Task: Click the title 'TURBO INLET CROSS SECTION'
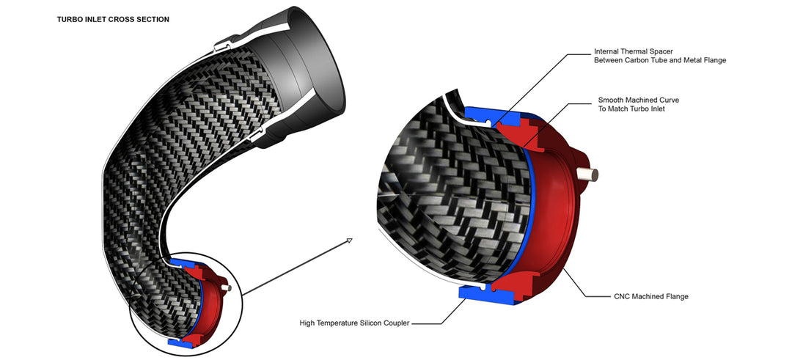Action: click(x=113, y=19)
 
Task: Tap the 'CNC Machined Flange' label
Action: click(x=650, y=296)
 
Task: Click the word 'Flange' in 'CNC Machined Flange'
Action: click(x=676, y=296)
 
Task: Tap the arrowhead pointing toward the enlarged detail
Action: click(x=349, y=240)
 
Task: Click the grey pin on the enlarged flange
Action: click(x=590, y=174)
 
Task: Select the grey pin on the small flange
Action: click(x=230, y=287)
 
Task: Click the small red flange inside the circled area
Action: click(x=210, y=301)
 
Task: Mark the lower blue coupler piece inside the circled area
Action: click(x=177, y=340)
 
